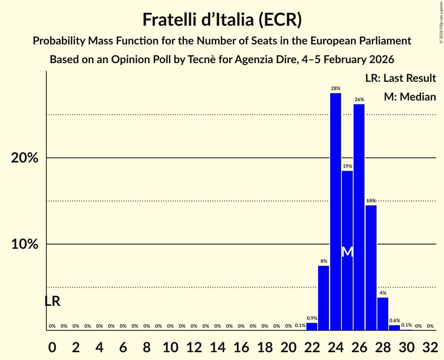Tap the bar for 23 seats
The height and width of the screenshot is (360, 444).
(324, 298)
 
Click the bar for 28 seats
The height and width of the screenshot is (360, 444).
(383, 314)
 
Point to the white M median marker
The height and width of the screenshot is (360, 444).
(347, 252)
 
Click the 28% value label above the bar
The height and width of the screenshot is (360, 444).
(335, 88)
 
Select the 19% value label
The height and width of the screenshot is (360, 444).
(347, 166)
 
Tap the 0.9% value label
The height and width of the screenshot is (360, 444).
(312, 318)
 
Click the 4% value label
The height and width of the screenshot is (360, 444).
(383, 293)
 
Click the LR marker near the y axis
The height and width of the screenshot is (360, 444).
(52, 301)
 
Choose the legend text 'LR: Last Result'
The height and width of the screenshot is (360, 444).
(400, 78)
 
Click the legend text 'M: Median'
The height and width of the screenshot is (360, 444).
(410, 97)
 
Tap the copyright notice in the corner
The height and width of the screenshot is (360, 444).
(441, 23)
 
